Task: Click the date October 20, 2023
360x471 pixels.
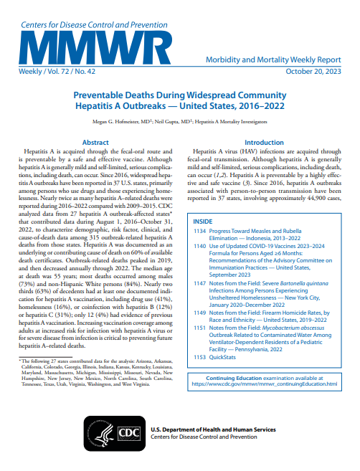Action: [311, 73]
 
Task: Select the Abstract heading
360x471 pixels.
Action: [95, 143]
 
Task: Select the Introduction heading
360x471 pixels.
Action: [264, 143]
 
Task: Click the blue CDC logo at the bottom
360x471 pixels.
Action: [128, 434]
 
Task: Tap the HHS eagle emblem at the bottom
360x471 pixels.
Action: [94, 434]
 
